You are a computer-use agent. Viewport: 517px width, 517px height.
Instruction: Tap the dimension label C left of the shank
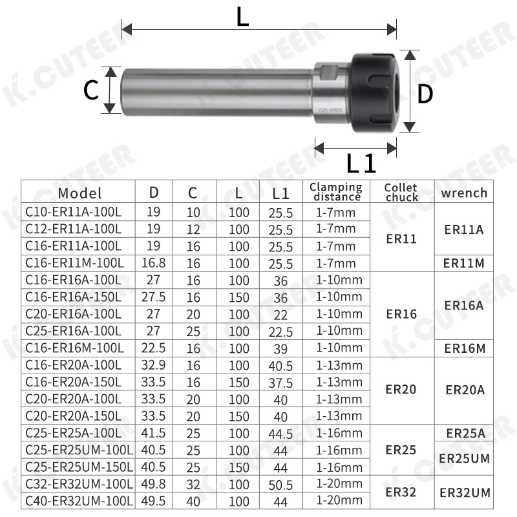[x=91, y=91]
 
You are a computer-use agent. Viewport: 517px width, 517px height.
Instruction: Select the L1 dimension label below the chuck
[x=361, y=164]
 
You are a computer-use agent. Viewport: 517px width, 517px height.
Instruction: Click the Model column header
[x=79, y=193]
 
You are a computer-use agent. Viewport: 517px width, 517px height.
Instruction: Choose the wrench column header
[x=464, y=193]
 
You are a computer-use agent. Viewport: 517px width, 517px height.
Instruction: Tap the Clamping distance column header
[x=336, y=192]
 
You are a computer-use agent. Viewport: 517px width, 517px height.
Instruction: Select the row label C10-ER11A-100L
[x=74, y=212]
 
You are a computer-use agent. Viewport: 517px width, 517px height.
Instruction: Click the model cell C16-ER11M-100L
[x=75, y=263]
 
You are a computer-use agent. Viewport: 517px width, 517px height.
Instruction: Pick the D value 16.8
[x=154, y=264]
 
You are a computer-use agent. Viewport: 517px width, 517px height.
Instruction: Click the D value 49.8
[x=154, y=484]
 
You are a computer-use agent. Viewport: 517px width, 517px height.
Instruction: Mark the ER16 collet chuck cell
[x=401, y=314]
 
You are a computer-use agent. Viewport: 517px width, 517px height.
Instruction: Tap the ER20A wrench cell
[x=464, y=390]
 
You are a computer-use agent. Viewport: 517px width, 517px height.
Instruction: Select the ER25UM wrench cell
[x=464, y=458]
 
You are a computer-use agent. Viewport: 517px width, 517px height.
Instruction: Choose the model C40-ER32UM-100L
[x=79, y=500]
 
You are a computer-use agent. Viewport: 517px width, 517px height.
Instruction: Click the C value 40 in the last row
[x=193, y=500]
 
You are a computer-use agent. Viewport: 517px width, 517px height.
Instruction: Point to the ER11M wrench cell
[x=464, y=264]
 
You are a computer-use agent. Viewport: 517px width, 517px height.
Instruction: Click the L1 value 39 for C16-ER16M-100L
[x=280, y=348]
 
